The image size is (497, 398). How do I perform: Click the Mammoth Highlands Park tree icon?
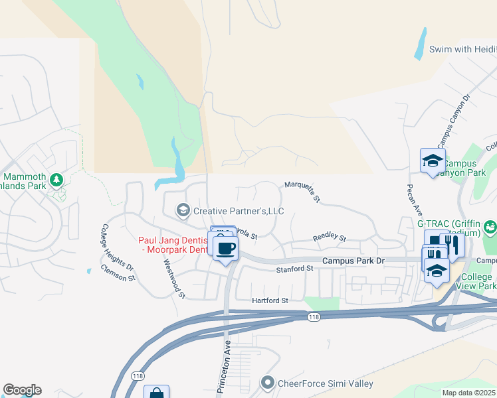click(x=56, y=180)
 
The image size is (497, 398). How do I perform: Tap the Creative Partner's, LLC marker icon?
click(x=182, y=211)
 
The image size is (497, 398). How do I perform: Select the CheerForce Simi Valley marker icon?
click(x=268, y=383)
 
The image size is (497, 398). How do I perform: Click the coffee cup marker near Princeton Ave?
click(x=226, y=247)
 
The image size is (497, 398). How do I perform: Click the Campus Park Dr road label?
click(x=353, y=261)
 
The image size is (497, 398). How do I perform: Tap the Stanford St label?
click(x=294, y=269)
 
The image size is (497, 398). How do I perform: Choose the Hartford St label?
click(x=270, y=300)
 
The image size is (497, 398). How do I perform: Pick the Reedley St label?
click(x=330, y=237)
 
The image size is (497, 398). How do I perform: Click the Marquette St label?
click(x=303, y=190)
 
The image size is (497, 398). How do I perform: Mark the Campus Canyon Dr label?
click(x=453, y=120)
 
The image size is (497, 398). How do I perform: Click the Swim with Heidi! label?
click(x=462, y=49)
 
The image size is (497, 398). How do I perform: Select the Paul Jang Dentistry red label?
click(x=173, y=245)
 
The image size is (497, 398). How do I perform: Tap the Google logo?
click(x=22, y=390)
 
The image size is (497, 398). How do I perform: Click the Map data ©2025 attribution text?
click(x=468, y=393)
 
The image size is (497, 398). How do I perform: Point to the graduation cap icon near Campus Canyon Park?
click(x=433, y=161)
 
